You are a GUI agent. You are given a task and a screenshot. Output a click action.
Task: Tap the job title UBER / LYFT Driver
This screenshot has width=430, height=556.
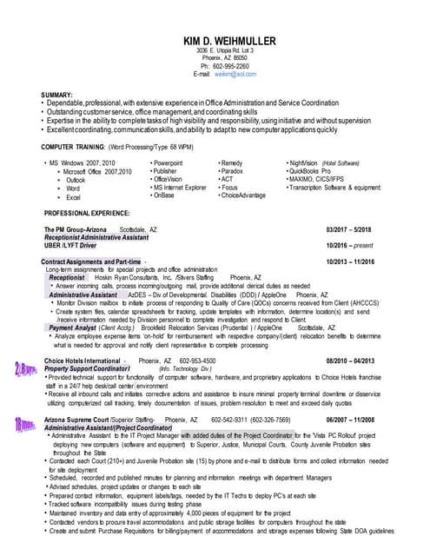click(x=70, y=246)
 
